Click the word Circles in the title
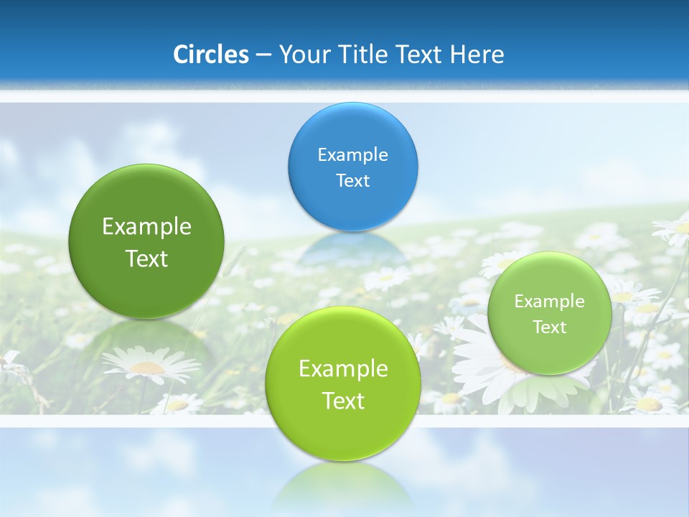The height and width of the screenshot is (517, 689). click(x=210, y=55)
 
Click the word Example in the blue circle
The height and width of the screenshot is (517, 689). click(x=352, y=154)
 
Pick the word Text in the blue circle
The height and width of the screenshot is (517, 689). click(x=352, y=180)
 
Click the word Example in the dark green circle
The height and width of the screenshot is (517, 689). click(x=146, y=227)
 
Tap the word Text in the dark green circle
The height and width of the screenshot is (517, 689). click(x=146, y=258)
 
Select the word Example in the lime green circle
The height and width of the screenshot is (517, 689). click(x=343, y=369)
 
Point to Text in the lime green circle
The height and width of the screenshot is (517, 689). click(x=343, y=401)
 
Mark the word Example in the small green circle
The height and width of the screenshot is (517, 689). click(x=550, y=301)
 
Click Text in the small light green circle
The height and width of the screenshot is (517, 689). click(x=550, y=327)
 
